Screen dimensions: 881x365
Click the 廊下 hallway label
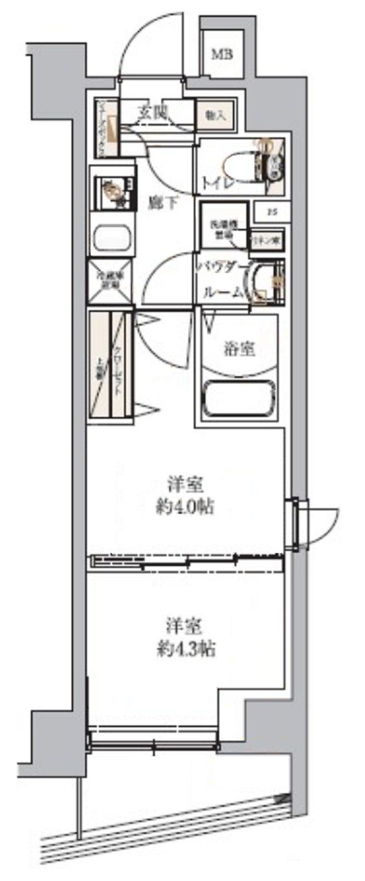pyautogui.click(x=162, y=202)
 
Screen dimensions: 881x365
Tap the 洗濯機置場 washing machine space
pyautogui.click(x=223, y=225)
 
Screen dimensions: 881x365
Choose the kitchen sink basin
pyautogui.click(x=113, y=238)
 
